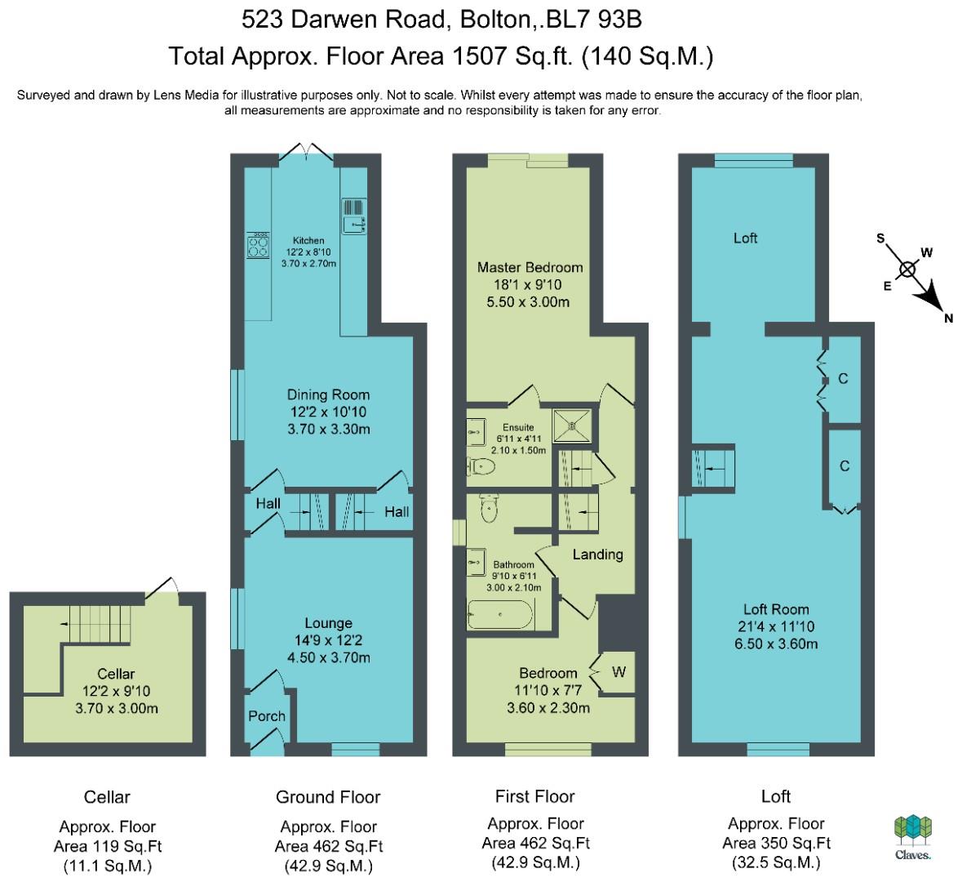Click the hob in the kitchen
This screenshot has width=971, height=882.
pyautogui.click(x=258, y=245)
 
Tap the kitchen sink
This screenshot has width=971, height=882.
pyautogui.click(x=353, y=216)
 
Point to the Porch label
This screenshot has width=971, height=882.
pyautogui.click(x=267, y=716)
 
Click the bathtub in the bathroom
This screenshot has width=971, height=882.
pyautogui.click(x=499, y=615)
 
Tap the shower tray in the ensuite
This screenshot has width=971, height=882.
pyautogui.click(x=571, y=425)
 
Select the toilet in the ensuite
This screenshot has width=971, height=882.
pyautogui.click(x=481, y=466)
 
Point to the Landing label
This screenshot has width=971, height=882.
pyautogui.click(x=597, y=555)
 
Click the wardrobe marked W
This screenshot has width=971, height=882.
pyautogui.click(x=618, y=672)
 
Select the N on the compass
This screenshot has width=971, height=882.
pyautogui.click(x=948, y=318)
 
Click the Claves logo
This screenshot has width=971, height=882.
pyautogui.click(x=913, y=837)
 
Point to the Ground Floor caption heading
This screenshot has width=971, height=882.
pyautogui.click(x=328, y=797)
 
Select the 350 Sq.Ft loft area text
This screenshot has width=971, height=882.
pyautogui.click(x=776, y=843)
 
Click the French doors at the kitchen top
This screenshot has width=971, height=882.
pyautogui.click(x=307, y=154)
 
